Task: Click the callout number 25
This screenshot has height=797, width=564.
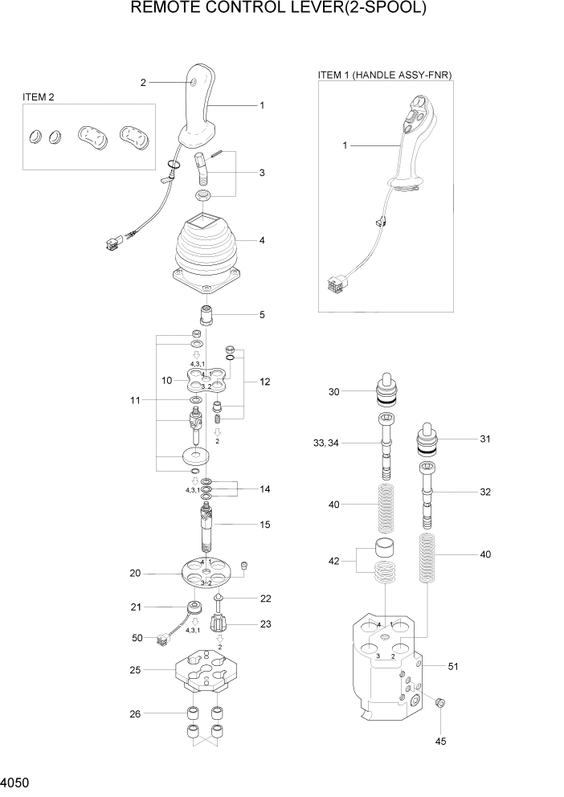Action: tap(135, 669)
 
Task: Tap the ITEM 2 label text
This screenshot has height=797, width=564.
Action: tap(39, 98)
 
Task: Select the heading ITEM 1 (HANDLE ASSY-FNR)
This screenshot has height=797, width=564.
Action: tap(386, 75)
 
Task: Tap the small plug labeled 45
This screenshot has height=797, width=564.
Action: tap(439, 703)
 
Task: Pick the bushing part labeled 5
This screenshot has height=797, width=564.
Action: tap(206, 314)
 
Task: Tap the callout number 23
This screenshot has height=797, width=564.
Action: tap(264, 623)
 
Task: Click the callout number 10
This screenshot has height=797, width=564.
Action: tap(168, 380)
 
